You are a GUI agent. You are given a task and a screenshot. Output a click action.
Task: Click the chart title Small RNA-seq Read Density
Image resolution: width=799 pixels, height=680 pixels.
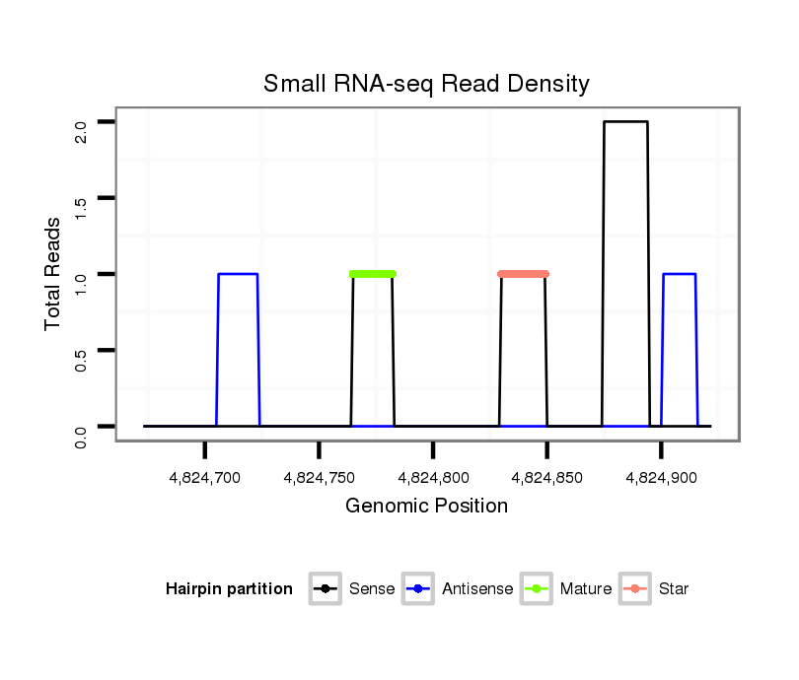point(426,84)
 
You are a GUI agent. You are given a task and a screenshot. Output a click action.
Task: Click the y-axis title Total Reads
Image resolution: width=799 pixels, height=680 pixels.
point(53,274)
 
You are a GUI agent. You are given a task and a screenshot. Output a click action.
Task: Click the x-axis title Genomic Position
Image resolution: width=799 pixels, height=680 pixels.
point(426,507)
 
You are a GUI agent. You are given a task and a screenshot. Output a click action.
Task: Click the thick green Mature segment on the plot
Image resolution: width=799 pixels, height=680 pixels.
point(373,274)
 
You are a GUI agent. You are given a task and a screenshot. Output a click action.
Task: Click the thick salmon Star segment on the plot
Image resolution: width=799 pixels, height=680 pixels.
point(523,274)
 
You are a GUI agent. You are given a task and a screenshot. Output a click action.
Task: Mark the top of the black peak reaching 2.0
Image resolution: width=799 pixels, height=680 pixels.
point(625,122)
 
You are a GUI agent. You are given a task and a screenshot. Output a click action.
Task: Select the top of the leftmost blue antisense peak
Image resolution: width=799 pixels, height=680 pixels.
point(238,274)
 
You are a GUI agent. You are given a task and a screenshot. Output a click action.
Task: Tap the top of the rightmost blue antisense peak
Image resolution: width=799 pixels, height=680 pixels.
point(680,274)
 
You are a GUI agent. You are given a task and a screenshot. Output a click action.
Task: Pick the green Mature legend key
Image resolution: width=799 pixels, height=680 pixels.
point(537,589)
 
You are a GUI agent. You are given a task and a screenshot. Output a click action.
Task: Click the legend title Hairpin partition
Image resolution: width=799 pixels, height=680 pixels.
point(229,589)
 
